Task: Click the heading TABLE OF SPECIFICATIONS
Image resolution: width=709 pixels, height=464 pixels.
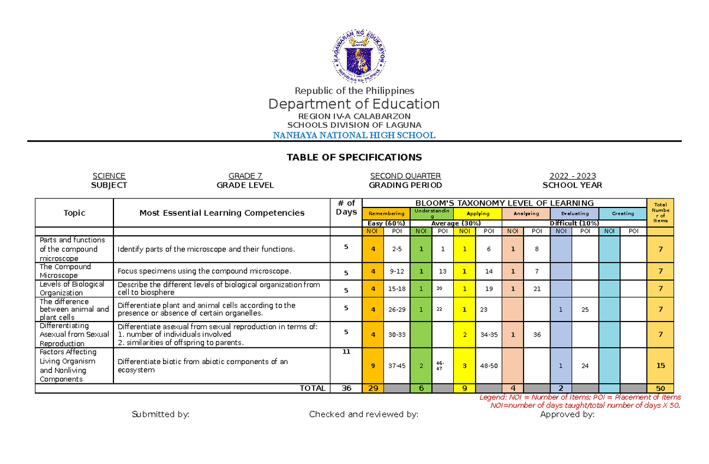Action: (354, 157)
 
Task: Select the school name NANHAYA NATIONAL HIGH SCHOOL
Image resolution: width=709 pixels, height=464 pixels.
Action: (354, 135)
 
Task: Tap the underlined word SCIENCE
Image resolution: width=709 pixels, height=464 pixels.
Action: (109, 176)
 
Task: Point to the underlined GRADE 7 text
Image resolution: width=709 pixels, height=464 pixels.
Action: (245, 176)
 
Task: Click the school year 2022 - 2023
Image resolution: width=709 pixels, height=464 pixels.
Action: (572, 176)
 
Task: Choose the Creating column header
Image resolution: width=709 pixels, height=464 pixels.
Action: (623, 213)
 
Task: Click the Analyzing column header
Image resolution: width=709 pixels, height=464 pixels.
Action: (526, 213)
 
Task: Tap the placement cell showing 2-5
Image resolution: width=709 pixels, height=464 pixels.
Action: (396, 249)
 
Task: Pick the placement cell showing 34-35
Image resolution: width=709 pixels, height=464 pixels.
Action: (489, 335)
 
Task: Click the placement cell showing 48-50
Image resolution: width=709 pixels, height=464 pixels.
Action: (489, 366)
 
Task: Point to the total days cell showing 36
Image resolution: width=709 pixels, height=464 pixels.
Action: (346, 388)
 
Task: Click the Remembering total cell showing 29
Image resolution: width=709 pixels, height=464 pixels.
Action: (373, 388)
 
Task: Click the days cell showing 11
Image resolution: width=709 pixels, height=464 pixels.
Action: (346, 352)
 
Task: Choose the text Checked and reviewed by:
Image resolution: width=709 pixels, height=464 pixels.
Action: (363, 414)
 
